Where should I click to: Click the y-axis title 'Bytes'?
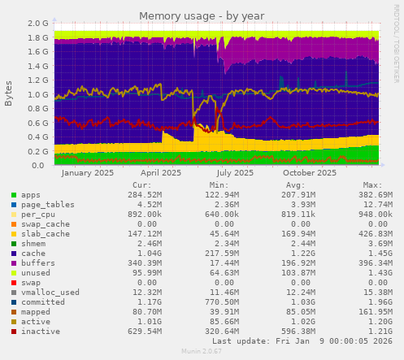point(9,93)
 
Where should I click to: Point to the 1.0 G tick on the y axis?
point(36,94)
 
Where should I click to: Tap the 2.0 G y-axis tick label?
point(36,24)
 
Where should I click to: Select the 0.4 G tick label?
point(36,137)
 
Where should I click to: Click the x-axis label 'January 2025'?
point(87,173)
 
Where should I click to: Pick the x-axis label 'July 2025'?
point(235,173)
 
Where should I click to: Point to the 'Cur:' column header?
point(141,184)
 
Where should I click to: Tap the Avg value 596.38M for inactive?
point(298,332)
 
